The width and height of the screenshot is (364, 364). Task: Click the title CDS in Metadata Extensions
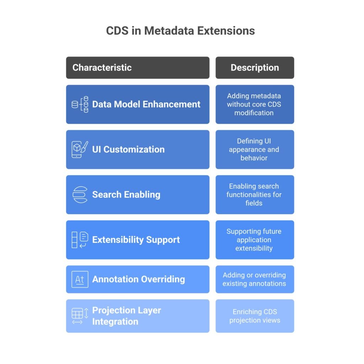pyautogui.click(x=180, y=31)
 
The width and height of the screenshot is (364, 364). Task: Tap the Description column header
pyautogui.click(x=255, y=68)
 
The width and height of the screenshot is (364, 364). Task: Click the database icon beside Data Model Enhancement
pyautogui.click(x=80, y=105)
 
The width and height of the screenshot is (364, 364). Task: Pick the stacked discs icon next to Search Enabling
pyautogui.click(x=80, y=194)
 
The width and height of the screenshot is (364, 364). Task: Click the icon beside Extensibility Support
pyautogui.click(x=80, y=240)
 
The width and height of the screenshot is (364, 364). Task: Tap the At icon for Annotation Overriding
pyautogui.click(x=80, y=279)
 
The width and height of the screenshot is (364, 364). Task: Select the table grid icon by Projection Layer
pyautogui.click(x=80, y=316)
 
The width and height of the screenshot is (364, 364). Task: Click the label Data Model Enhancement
pyautogui.click(x=146, y=104)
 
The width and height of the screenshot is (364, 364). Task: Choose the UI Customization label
pyautogui.click(x=128, y=149)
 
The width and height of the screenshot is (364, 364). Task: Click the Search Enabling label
pyautogui.click(x=126, y=194)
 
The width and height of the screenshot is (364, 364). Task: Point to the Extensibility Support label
pyautogui.click(x=136, y=240)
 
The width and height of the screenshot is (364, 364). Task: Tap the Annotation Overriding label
pyautogui.click(x=139, y=279)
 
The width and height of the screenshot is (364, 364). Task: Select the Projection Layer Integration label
pyautogui.click(x=127, y=316)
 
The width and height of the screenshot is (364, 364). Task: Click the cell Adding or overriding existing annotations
pyautogui.click(x=255, y=279)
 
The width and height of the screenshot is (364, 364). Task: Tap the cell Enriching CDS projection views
pyautogui.click(x=255, y=316)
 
